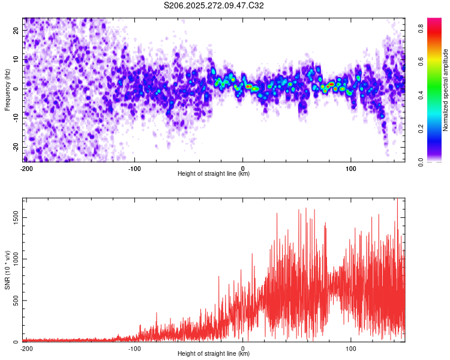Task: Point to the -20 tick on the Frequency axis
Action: tap(15, 147)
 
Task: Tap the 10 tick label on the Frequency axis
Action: tap(16, 59)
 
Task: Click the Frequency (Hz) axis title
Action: tap(7, 89)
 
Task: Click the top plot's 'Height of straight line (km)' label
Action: tap(214, 173)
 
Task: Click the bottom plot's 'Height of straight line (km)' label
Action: tap(214, 353)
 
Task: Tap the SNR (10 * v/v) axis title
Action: tap(7, 269)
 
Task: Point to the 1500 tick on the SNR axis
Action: tap(13, 218)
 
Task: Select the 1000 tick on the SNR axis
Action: tap(13, 259)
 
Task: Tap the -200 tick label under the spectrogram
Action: tap(26, 168)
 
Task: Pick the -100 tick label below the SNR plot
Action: tap(134, 348)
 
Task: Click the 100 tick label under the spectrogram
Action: tap(351, 168)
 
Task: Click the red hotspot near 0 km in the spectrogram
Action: tap(248, 86)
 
